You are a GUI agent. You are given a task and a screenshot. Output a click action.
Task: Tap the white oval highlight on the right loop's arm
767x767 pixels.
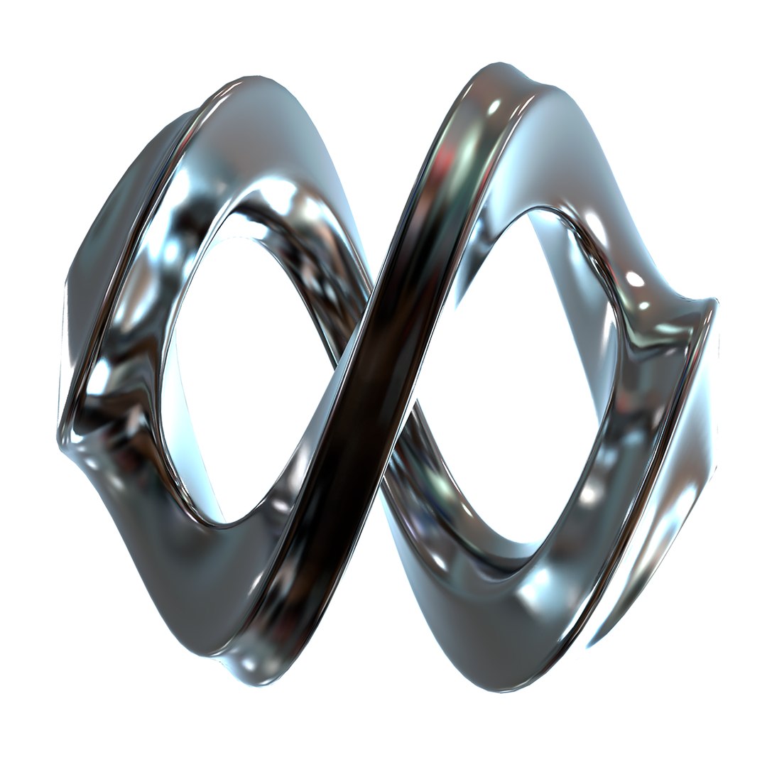pos(635,278)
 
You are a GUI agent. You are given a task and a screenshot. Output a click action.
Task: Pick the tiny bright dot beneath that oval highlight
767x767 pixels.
pos(643,305)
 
